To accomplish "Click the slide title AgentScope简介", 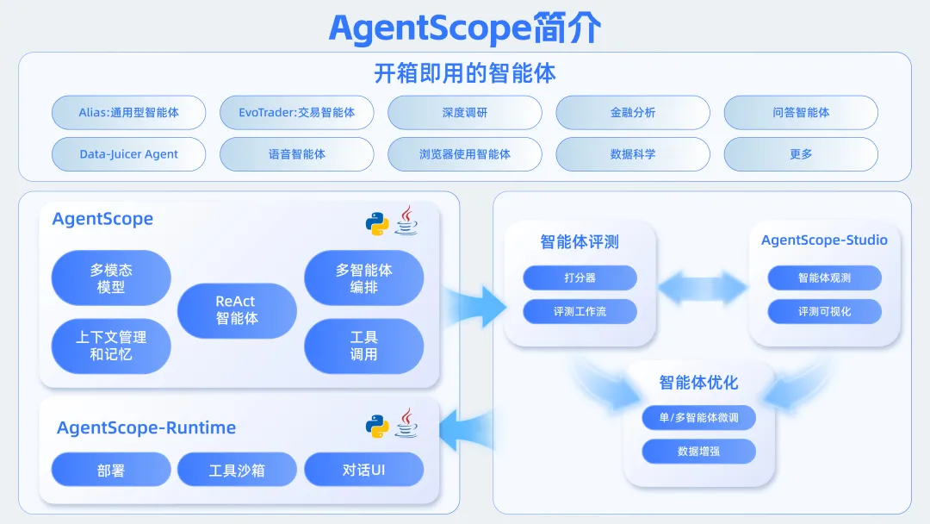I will click(465, 28).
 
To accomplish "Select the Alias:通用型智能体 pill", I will click(129, 113).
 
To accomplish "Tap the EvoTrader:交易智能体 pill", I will click(297, 113).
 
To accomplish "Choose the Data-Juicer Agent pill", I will click(129, 154).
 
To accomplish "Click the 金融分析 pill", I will click(633, 113).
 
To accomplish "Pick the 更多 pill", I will click(801, 154).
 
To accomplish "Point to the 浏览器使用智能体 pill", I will click(465, 154).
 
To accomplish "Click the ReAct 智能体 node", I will click(236, 310).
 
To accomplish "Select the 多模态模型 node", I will click(111, 278).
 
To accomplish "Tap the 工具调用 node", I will click(364, 346).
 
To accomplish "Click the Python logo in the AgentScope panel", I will click(377, 223).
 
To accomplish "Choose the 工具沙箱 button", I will click(237, 471).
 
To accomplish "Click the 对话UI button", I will click(364, 471).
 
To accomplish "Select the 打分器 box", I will click(580, 278).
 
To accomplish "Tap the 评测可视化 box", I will click(824, 311).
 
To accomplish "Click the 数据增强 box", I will click(698, 451).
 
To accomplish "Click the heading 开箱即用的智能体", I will click(465, 72).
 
